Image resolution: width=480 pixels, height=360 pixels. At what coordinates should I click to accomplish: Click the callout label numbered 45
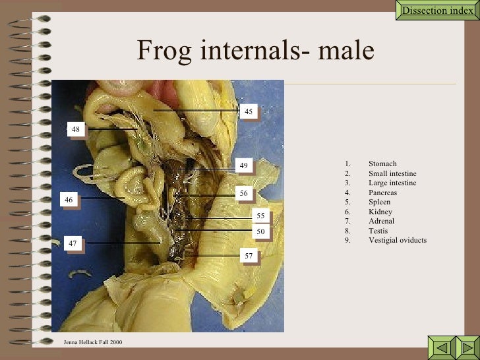coord(248,112)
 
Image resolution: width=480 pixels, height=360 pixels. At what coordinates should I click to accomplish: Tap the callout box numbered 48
coord(76,130)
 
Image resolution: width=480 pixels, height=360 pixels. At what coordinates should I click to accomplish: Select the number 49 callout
coord(243,166)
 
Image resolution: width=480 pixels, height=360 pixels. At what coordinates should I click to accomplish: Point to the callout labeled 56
coord(243,194)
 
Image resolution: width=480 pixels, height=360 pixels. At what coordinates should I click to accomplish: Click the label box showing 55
coord(260,216)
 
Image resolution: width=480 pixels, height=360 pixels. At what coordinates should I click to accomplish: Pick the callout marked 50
coord(260,231)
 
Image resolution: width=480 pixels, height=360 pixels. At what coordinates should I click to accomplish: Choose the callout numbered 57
coord(248,255)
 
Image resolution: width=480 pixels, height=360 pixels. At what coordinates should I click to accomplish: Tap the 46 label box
coord(69,198)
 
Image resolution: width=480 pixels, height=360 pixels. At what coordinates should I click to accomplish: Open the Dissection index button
coord(438,11)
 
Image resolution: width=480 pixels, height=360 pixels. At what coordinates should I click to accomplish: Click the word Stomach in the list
coord(382,164)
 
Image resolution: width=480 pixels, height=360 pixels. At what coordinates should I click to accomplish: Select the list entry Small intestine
coord(392,173)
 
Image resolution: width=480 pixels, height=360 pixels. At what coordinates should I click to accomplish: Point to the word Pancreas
coord(382,193)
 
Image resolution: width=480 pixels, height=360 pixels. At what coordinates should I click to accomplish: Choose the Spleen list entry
coord(379,202)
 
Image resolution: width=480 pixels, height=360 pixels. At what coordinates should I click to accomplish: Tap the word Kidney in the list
coord(380,212)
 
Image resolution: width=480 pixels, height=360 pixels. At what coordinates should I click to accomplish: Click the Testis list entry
coord(378,231)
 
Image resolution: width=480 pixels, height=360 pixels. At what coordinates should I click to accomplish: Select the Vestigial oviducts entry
coord(398,240)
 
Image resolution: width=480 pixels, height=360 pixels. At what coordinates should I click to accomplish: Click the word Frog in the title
coord(158,51)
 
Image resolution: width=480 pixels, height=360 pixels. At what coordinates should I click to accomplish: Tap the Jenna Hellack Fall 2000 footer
coord(93,342)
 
